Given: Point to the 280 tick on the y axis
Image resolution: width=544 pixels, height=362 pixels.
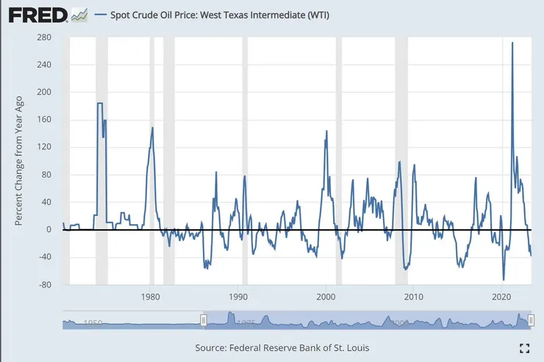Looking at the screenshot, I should (x=44, y=37).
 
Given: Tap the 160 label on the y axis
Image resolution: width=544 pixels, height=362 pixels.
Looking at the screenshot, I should (x=44, y=120).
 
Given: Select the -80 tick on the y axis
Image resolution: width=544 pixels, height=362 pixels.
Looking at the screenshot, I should (x=44, y=285).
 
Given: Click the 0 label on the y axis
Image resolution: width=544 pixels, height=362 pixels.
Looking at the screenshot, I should (x=49, y=230).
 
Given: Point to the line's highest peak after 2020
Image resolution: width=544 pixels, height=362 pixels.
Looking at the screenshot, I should (x=512, y=43).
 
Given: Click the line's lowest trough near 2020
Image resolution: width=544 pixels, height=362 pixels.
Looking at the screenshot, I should (x=504, y=279).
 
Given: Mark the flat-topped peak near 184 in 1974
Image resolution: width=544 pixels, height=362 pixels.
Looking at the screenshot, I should (x=100, y=104).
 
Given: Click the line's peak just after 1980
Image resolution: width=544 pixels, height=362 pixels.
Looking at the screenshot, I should (x=152, y=128).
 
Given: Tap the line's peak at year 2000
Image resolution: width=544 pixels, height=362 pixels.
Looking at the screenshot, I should (x=326, y=131).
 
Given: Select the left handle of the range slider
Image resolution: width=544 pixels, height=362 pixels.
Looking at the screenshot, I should (x=204, y=319).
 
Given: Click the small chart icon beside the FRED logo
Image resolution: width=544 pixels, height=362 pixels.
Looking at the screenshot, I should (x=79, y=14).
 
